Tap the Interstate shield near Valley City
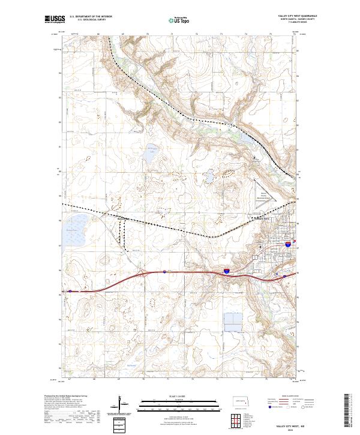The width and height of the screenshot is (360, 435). coord(288,245)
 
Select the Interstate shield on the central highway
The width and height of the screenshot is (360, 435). coord(227,272)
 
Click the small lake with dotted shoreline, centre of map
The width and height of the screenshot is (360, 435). coord(209,178)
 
